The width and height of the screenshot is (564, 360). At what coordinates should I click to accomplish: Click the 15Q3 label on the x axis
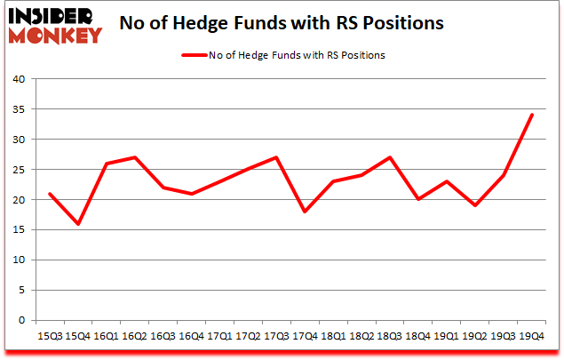pyautogui.click(x=49, y=336)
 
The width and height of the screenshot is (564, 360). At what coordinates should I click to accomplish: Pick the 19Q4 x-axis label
pyautogui.click(x=532, y=336)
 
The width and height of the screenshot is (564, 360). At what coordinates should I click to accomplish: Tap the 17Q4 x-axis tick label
pyautogui.click(x=305, y=336)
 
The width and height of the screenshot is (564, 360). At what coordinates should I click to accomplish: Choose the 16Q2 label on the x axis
pyautogui.click(x=134, y=336)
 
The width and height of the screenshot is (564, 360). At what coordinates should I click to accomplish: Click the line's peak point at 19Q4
pyautogui.click(x=532, y=115)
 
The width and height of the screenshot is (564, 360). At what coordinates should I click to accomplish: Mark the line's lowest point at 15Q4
pyautogui.click(x=77, y=224)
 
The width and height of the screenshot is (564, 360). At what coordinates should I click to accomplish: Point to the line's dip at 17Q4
pyautogui.click(x=305, y=212)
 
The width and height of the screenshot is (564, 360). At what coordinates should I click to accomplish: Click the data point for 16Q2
pyautogui.click(x=134, y=157)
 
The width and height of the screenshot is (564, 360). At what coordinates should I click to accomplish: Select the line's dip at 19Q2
pyautogui.click(x=475, y=205)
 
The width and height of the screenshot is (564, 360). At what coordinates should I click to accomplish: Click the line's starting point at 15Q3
pyautogui.click(x=49, y=194)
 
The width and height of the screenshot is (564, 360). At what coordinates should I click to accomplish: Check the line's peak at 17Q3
pyautogui.click(x=276, y=157)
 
